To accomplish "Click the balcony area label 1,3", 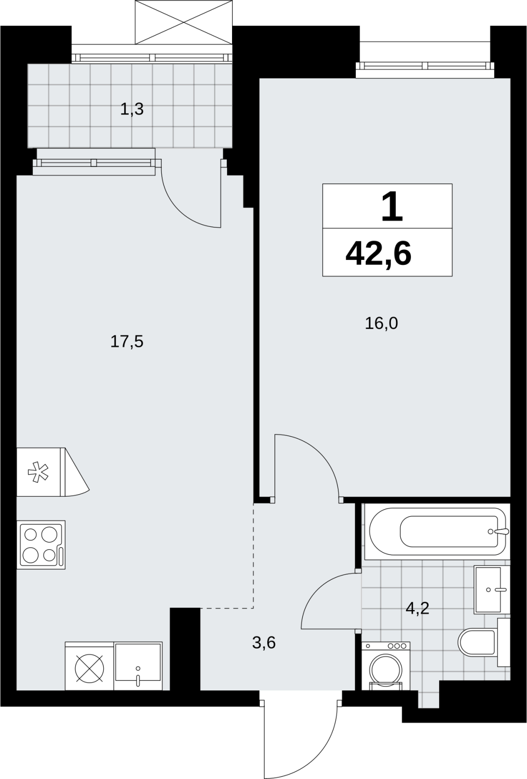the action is [x=132, y=110].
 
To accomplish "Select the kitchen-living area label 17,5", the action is [x=127, y=341].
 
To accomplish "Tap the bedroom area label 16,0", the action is [x=381, y=323].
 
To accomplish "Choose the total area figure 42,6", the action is [x=378, y=254].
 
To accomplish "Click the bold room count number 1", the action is [x=392, y=207].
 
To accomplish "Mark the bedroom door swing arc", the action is [x=320, y=453].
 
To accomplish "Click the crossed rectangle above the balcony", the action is [x=183, y=22].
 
